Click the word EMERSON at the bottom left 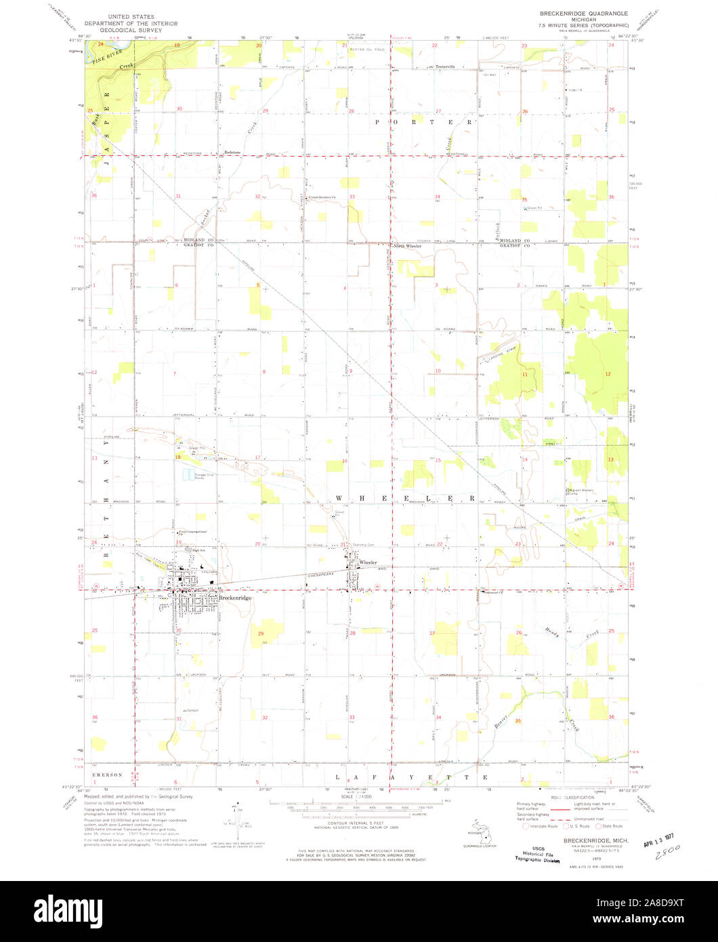[108, 775]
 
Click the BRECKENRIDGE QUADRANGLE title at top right [583, 13]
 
